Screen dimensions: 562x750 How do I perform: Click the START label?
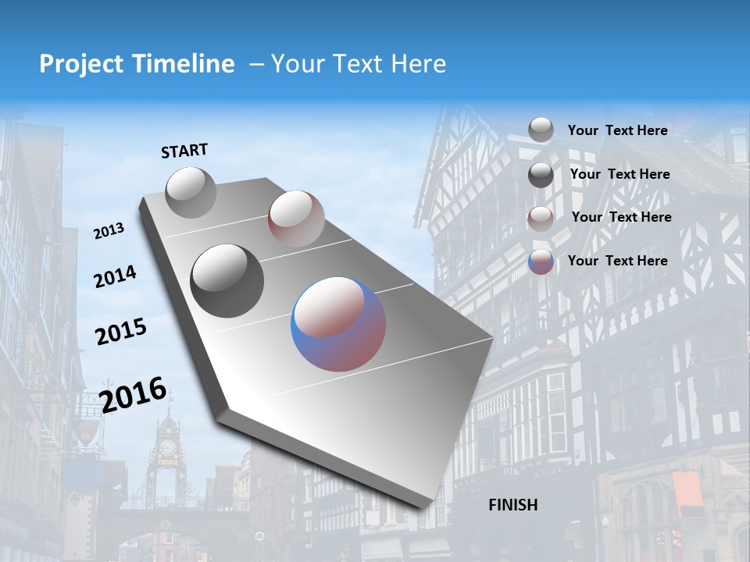coord(184,151)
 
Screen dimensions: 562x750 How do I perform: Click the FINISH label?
coord(513,505)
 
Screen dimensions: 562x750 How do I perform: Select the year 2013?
coord(109,230)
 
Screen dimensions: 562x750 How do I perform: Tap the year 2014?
coord(115,276)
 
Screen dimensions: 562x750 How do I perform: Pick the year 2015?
coord(121,332)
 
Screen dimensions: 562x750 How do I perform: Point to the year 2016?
coord(133,395)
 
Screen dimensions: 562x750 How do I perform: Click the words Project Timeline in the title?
coord(137,64)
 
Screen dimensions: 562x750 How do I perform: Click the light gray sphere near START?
coord(191,192)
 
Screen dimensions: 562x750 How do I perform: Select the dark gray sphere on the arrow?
coord(227,280)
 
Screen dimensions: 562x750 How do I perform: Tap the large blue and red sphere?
coord(338,323)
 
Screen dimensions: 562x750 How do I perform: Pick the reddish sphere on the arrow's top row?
coord(296,218)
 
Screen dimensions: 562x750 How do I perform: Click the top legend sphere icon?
coord(541,130)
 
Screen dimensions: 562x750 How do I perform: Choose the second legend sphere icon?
coord(541,175)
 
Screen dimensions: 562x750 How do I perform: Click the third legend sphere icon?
coord(541,218)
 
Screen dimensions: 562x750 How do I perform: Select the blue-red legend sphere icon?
coord(541,261)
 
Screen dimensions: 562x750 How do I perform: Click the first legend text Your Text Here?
coord(617,130)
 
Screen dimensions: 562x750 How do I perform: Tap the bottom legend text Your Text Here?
coord(617,261)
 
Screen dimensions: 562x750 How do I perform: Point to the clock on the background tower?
coord(167,447)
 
